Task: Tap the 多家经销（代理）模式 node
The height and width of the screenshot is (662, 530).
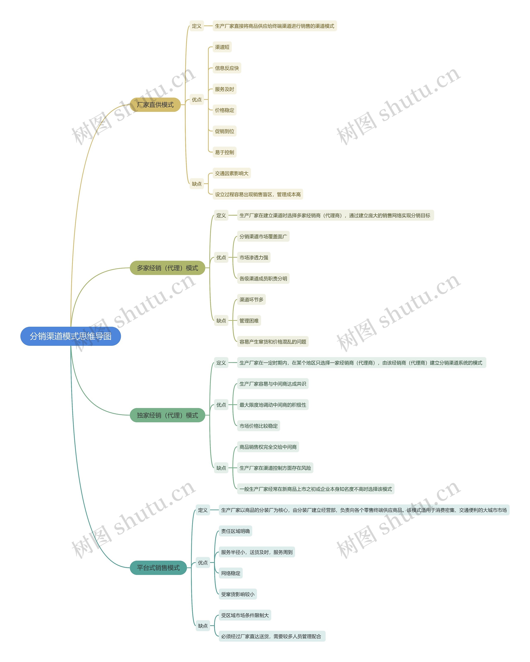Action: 167,268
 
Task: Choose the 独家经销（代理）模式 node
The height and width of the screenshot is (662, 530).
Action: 167,415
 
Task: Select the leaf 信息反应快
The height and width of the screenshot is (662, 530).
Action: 227,68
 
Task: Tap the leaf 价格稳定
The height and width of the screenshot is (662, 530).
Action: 224,110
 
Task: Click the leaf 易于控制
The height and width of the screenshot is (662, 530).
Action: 224,152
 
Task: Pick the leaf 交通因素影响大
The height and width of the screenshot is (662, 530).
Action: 231,173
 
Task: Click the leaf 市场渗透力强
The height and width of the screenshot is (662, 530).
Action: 254,257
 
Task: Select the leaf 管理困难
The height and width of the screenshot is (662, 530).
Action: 249,321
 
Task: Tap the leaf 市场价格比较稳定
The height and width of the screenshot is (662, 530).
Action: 259,426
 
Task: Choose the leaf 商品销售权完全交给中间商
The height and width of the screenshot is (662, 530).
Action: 268,447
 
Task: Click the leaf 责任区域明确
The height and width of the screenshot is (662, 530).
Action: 235,531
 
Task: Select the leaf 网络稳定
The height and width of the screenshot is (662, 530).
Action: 231,573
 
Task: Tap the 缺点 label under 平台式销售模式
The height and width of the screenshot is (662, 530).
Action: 203,625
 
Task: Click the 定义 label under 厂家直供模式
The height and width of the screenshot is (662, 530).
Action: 197,26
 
